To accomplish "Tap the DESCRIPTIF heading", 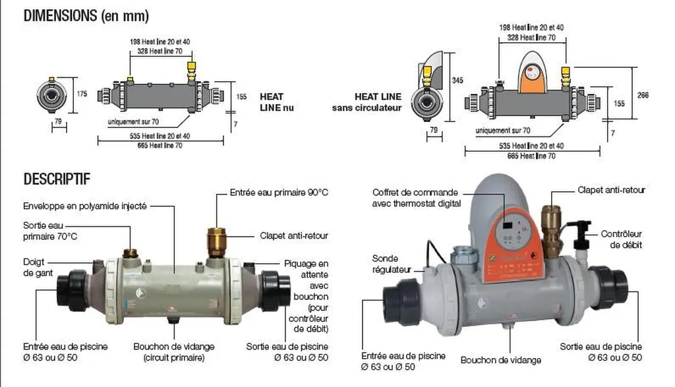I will pyautogui.click(x=57, y=179).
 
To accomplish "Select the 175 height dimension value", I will pyautogui.click(x=82, y=94).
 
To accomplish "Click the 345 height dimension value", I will pyautogui.click(x=456, y=80).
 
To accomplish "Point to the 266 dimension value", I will pyautogui.click(x=643, y=96).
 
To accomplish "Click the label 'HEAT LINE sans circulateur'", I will pyautogui.click(x=367, y=102).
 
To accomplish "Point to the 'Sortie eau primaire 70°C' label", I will pyautogui.click(x=50, y=230).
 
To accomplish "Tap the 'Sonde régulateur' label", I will pyautogui.click(x=392, y=264).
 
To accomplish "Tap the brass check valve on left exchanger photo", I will pyautogui.click(x=216, y=243).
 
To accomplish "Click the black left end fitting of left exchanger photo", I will pyautogui.click(x=71, y=290).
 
